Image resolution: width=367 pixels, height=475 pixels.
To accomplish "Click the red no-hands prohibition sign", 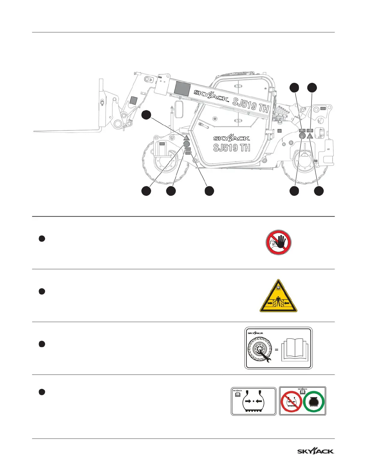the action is coord(279,243).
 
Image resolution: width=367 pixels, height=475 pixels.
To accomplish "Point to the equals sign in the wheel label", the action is coord(276,350).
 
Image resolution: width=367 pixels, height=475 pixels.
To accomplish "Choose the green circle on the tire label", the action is coord(314,402).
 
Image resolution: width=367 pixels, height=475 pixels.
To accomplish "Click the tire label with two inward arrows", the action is coord(253,401).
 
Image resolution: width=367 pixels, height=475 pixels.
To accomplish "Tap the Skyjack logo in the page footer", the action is coord(315,451).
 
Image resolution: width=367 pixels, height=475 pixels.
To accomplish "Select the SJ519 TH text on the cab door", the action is coord(231,148).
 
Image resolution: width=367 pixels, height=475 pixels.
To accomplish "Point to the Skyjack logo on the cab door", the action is coord(231,138).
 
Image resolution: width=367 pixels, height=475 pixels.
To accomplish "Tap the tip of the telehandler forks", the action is coord(35,131).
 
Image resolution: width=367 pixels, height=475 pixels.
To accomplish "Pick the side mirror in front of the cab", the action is coord(180,109).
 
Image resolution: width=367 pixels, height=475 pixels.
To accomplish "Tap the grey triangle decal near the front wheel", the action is coord(186,138).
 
